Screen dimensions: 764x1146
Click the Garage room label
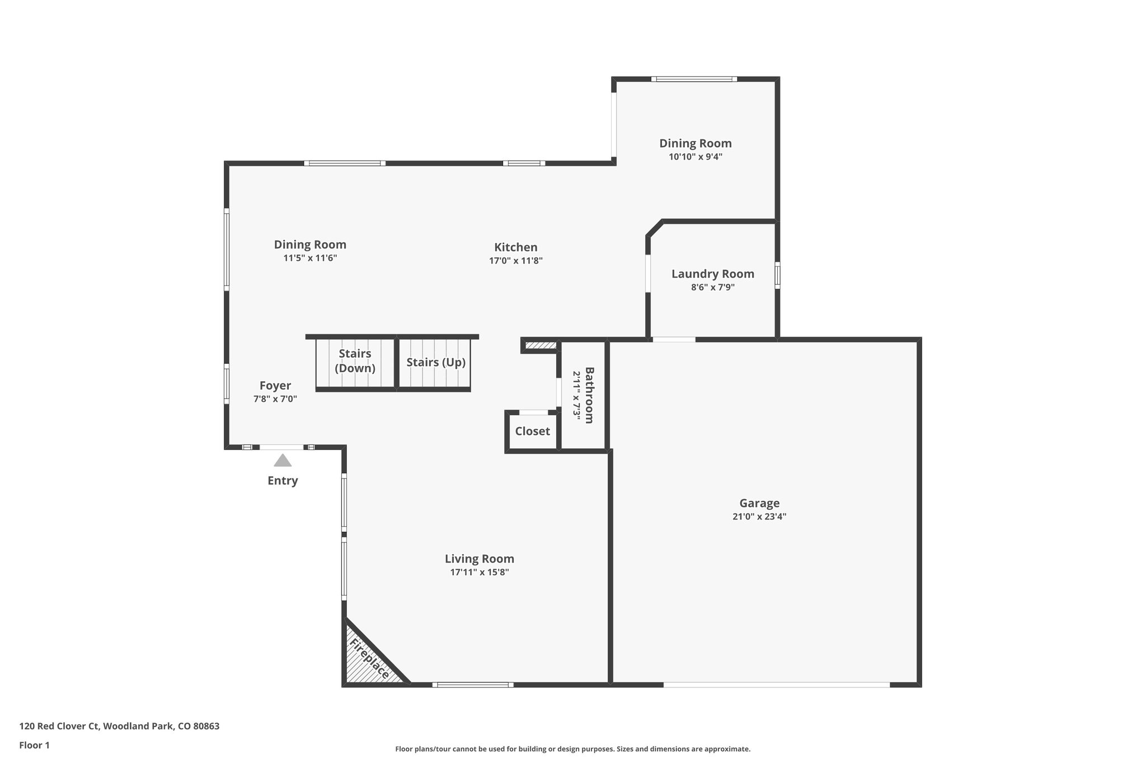point(759,503)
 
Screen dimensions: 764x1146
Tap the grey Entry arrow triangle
point(283,461)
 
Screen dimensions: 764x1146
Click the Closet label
point(532,431)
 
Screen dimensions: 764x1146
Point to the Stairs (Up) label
point(435,362)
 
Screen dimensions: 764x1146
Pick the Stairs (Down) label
point(355,361)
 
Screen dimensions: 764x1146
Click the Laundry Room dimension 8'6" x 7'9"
point(712,287)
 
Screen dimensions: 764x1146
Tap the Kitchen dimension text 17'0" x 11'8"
point(515,260)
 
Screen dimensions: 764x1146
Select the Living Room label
point(479,559)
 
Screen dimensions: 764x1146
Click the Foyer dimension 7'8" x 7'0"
point(275,399)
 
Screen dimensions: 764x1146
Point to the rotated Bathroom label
point(589,395)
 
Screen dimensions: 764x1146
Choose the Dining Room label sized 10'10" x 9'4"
point(695,143)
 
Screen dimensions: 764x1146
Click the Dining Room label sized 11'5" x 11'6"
point(310,245)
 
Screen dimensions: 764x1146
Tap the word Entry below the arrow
point(283,481)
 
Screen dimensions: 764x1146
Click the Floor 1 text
point(35,745)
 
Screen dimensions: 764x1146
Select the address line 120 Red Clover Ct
point(119,726)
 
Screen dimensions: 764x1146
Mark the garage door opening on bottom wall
point(776,684)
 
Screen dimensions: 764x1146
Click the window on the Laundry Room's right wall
point(777,275)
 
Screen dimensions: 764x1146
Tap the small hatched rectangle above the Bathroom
point(541,345)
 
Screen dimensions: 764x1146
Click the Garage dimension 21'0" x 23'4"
point(759,517)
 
